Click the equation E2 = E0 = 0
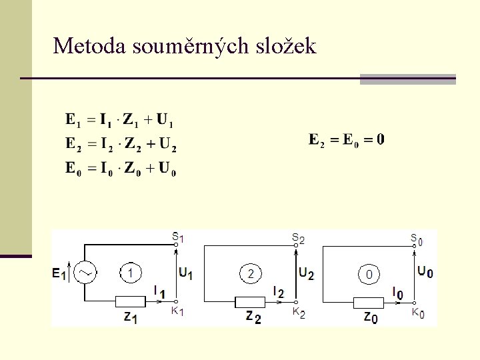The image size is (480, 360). click(347, 140)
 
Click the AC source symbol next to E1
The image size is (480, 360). click(85, 272)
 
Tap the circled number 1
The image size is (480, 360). click(131, 272)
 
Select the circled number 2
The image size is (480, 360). click(251, 273)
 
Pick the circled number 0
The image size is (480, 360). click(369, 273)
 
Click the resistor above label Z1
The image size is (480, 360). click(131, 301)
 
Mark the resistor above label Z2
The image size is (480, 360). click(250, 301)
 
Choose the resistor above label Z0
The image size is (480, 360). click(369, 301)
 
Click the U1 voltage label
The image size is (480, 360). click(186, 273)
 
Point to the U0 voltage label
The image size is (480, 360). click(425, 271)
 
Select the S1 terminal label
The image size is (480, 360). click(177, 236)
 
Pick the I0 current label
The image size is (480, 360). click(398, 292)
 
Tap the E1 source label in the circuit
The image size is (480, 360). click(59, 273)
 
